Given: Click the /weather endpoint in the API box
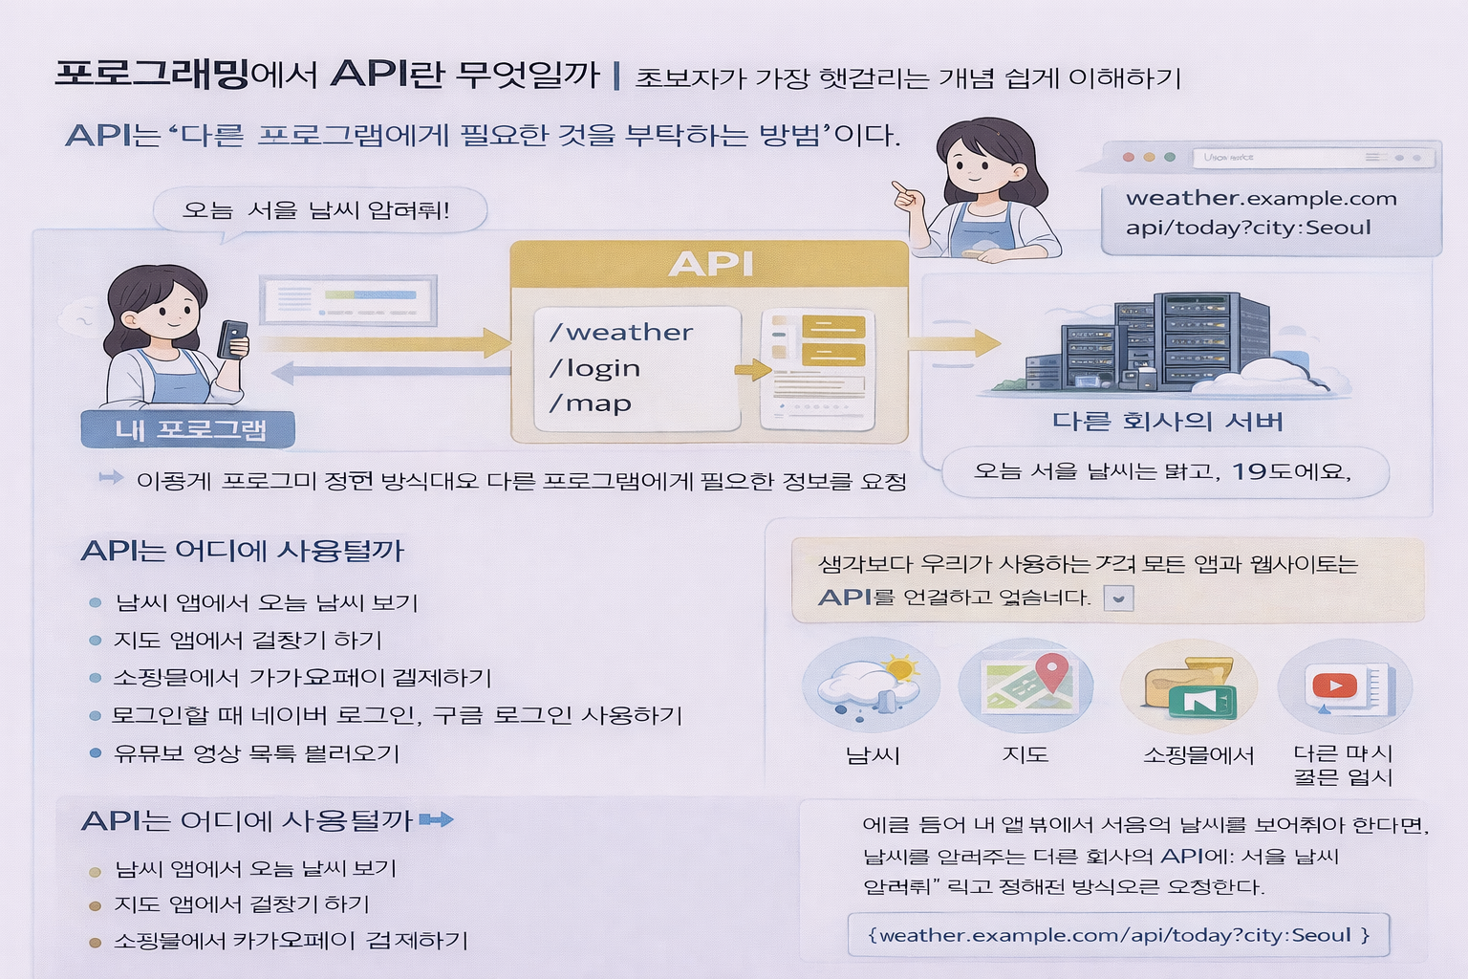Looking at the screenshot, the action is click(x=621, y=333).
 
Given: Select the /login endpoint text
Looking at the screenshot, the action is click(x=594, y=368).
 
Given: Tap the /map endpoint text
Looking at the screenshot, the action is click(x=591, y=403).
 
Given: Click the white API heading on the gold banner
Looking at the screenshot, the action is click(x=711, y=264).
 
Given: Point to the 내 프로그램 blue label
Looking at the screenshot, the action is click(x=189, y=429).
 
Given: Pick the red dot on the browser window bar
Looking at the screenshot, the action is click(x=1129, y=157).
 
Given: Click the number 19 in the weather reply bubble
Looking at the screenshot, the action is click(x=1248, y=471).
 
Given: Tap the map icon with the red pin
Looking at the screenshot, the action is click(x=1025, y=685).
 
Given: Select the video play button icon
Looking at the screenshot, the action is click(x=1334, y=685).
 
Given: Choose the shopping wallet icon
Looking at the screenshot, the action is click(x=1190, y=687).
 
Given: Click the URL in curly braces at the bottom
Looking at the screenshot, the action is click(x=1117, y=935).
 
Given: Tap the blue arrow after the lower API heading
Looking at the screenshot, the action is click(x=436, y=819).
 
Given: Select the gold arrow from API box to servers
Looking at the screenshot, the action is click(x=953, y=342).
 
